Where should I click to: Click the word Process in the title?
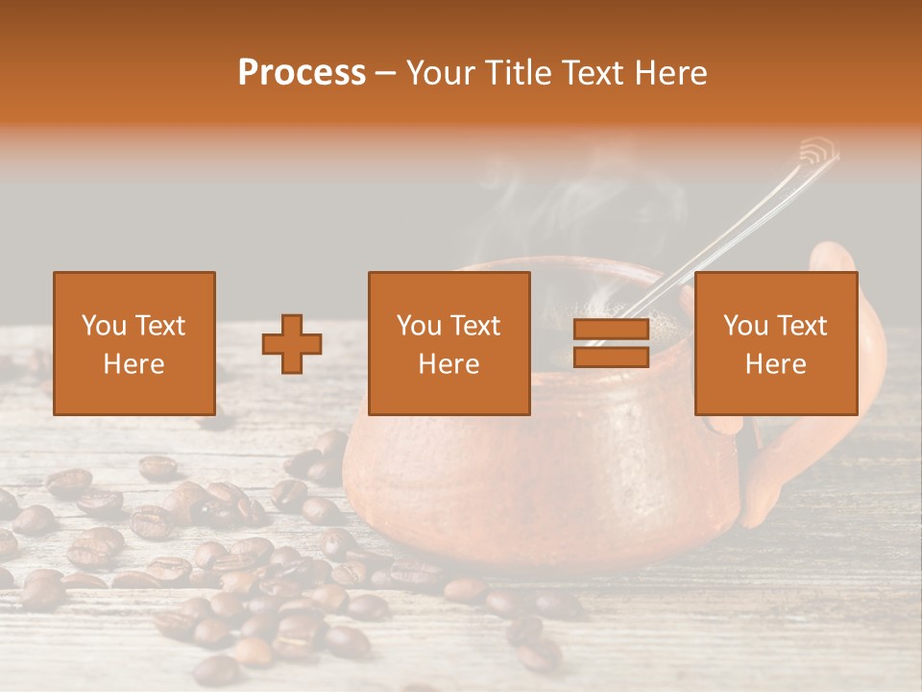[x=302, y=73]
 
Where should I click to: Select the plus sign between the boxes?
[x=292, y=344]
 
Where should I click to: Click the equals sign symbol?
[x=611, y=344]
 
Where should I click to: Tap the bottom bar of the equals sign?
[x=611, y=358]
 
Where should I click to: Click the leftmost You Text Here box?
[x=133, y=343]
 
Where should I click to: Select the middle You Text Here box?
[x=449, y=343]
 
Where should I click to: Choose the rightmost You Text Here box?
[x=775, y=343]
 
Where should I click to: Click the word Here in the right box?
[x=775, y=364]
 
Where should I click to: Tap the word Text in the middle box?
[x=474, y=326]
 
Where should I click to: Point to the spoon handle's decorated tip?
[x=817, y=151]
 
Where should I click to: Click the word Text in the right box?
[x=801, y=326]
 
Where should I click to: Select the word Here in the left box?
[x=133, y=364]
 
